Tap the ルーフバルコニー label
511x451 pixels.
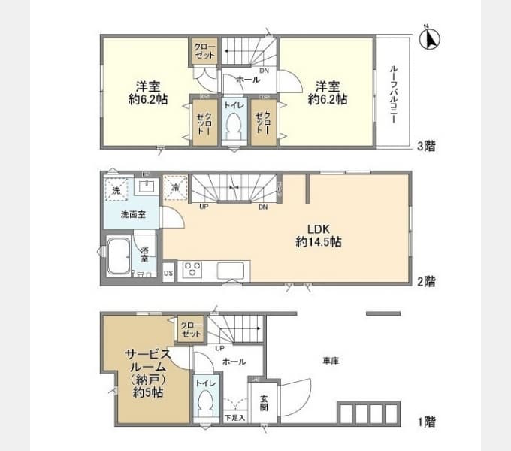(394, 93)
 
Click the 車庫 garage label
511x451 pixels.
(331, 362)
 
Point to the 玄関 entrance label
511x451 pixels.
(265, 402)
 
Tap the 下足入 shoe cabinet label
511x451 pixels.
(234, 416)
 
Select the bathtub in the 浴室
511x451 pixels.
(117, 259)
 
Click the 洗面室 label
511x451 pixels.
(133, 215)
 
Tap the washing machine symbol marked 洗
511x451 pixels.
(116, 191)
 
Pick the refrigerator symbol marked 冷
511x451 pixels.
(175, 188)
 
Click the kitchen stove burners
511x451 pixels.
(192, 269)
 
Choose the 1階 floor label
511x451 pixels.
(426, 422)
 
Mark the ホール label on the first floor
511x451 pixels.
(234, 362)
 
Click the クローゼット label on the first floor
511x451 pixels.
(192, 328)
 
